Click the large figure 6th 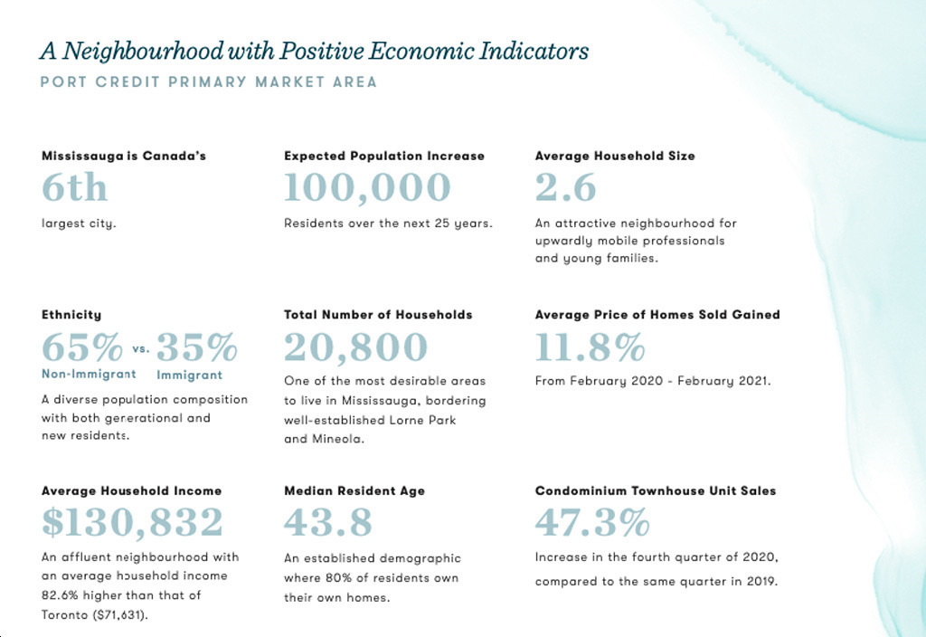click(x=74, y=188)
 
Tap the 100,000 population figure click(x=367, y=188)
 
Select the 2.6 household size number click(x=566, y=188)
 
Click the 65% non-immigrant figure click(x=81, y=347)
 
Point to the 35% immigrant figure click(x=196, y=347)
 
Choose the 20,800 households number click(x=355, y=347)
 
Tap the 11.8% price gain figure click(x=590, y=347)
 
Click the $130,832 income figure click(x=132, y=523)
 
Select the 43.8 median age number click(x=326, y=523)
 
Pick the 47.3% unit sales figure click(x=592, y=523)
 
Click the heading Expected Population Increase click(x=384, y=156)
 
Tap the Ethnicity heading click(x=71, y=315)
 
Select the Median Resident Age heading click(x=354, y=490)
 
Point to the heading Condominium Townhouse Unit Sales click(x=656, y=490)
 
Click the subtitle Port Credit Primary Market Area click(x=209, y=82)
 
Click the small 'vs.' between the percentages click(x=140, y=348)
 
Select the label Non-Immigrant click(x=89, y=374)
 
